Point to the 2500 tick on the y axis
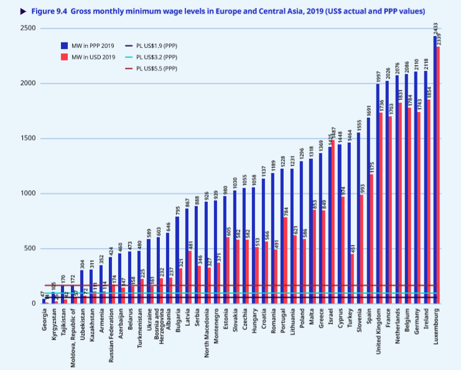(27, 29)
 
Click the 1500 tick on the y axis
(27, 138)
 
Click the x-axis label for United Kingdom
(378, 333)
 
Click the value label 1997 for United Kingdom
(378, 77)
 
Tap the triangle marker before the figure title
(24, 12)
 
